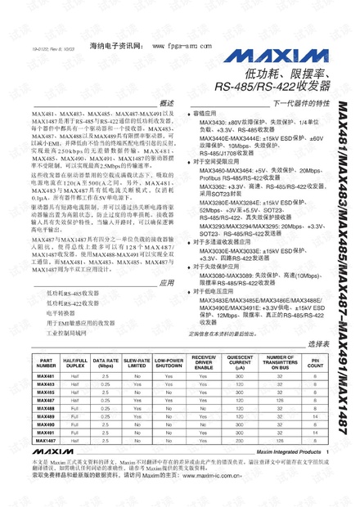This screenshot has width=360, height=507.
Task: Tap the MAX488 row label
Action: pos(46,406)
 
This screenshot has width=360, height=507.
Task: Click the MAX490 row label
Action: pos(46,424)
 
